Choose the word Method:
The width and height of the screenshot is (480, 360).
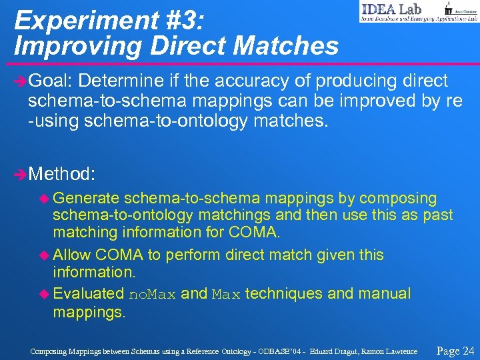(63, 175)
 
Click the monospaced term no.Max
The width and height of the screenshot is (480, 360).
(152, 294)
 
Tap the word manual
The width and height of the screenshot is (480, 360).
(387, 293)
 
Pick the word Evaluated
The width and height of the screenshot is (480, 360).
(89, 293)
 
